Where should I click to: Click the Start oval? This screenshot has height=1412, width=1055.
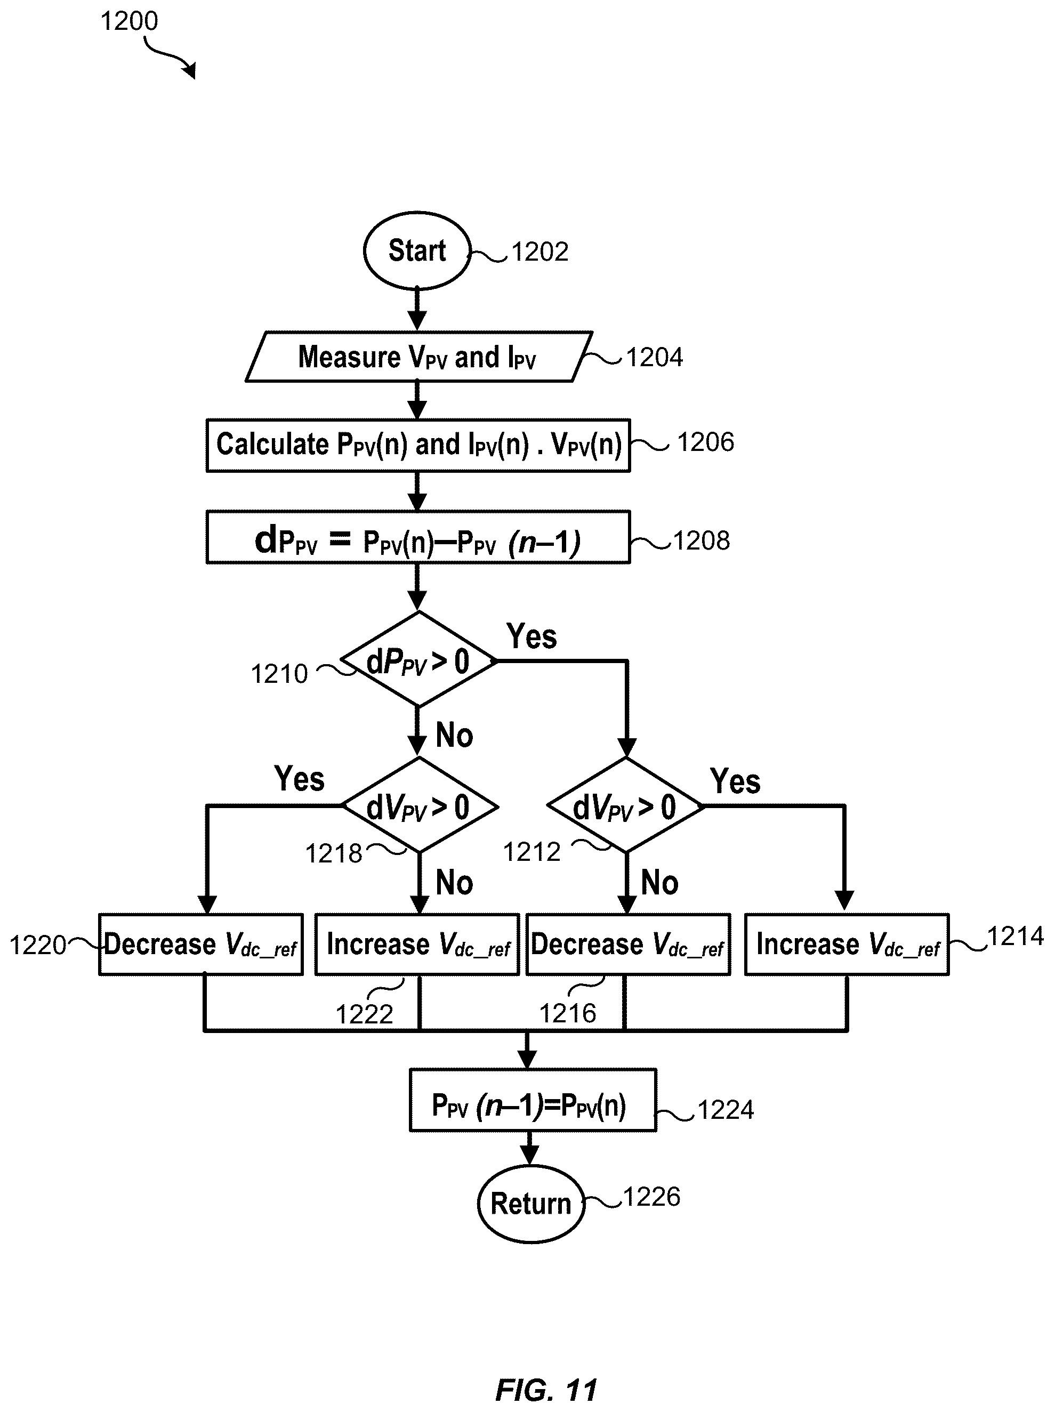[x=417, y=250]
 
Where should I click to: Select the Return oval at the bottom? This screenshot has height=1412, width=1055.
[x=531, y=1203]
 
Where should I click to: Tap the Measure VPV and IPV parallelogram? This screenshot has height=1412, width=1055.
[x=418, y=357]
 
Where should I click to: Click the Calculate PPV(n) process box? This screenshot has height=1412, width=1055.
[x=418, y=445]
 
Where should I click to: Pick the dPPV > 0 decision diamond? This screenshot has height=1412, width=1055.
[x=418, y=659]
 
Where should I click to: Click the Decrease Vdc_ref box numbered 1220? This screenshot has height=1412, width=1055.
[x=201, y=944]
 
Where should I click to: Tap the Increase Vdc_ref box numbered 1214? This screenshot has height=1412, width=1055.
[x=847, y=944]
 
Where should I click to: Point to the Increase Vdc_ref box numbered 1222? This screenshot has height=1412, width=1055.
[x=417, y=944]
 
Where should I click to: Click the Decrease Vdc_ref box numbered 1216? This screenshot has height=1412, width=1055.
[x=628, y=944]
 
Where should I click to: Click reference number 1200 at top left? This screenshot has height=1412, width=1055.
[x=129, y=21]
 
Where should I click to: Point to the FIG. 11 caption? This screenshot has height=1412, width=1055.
[x=546, y=1390]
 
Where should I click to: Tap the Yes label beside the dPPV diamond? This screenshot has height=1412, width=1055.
[x=531, y=636]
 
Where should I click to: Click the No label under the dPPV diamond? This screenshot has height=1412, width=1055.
[x=454, y=736]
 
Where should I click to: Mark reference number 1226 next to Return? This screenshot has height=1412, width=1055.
[x=651, y=1197]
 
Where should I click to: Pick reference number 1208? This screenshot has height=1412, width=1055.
[x=702, y=540]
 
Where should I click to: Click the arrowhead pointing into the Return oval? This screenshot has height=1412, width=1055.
[x=529, y=1156]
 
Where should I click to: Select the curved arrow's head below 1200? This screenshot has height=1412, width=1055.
[x=190, y=70]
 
